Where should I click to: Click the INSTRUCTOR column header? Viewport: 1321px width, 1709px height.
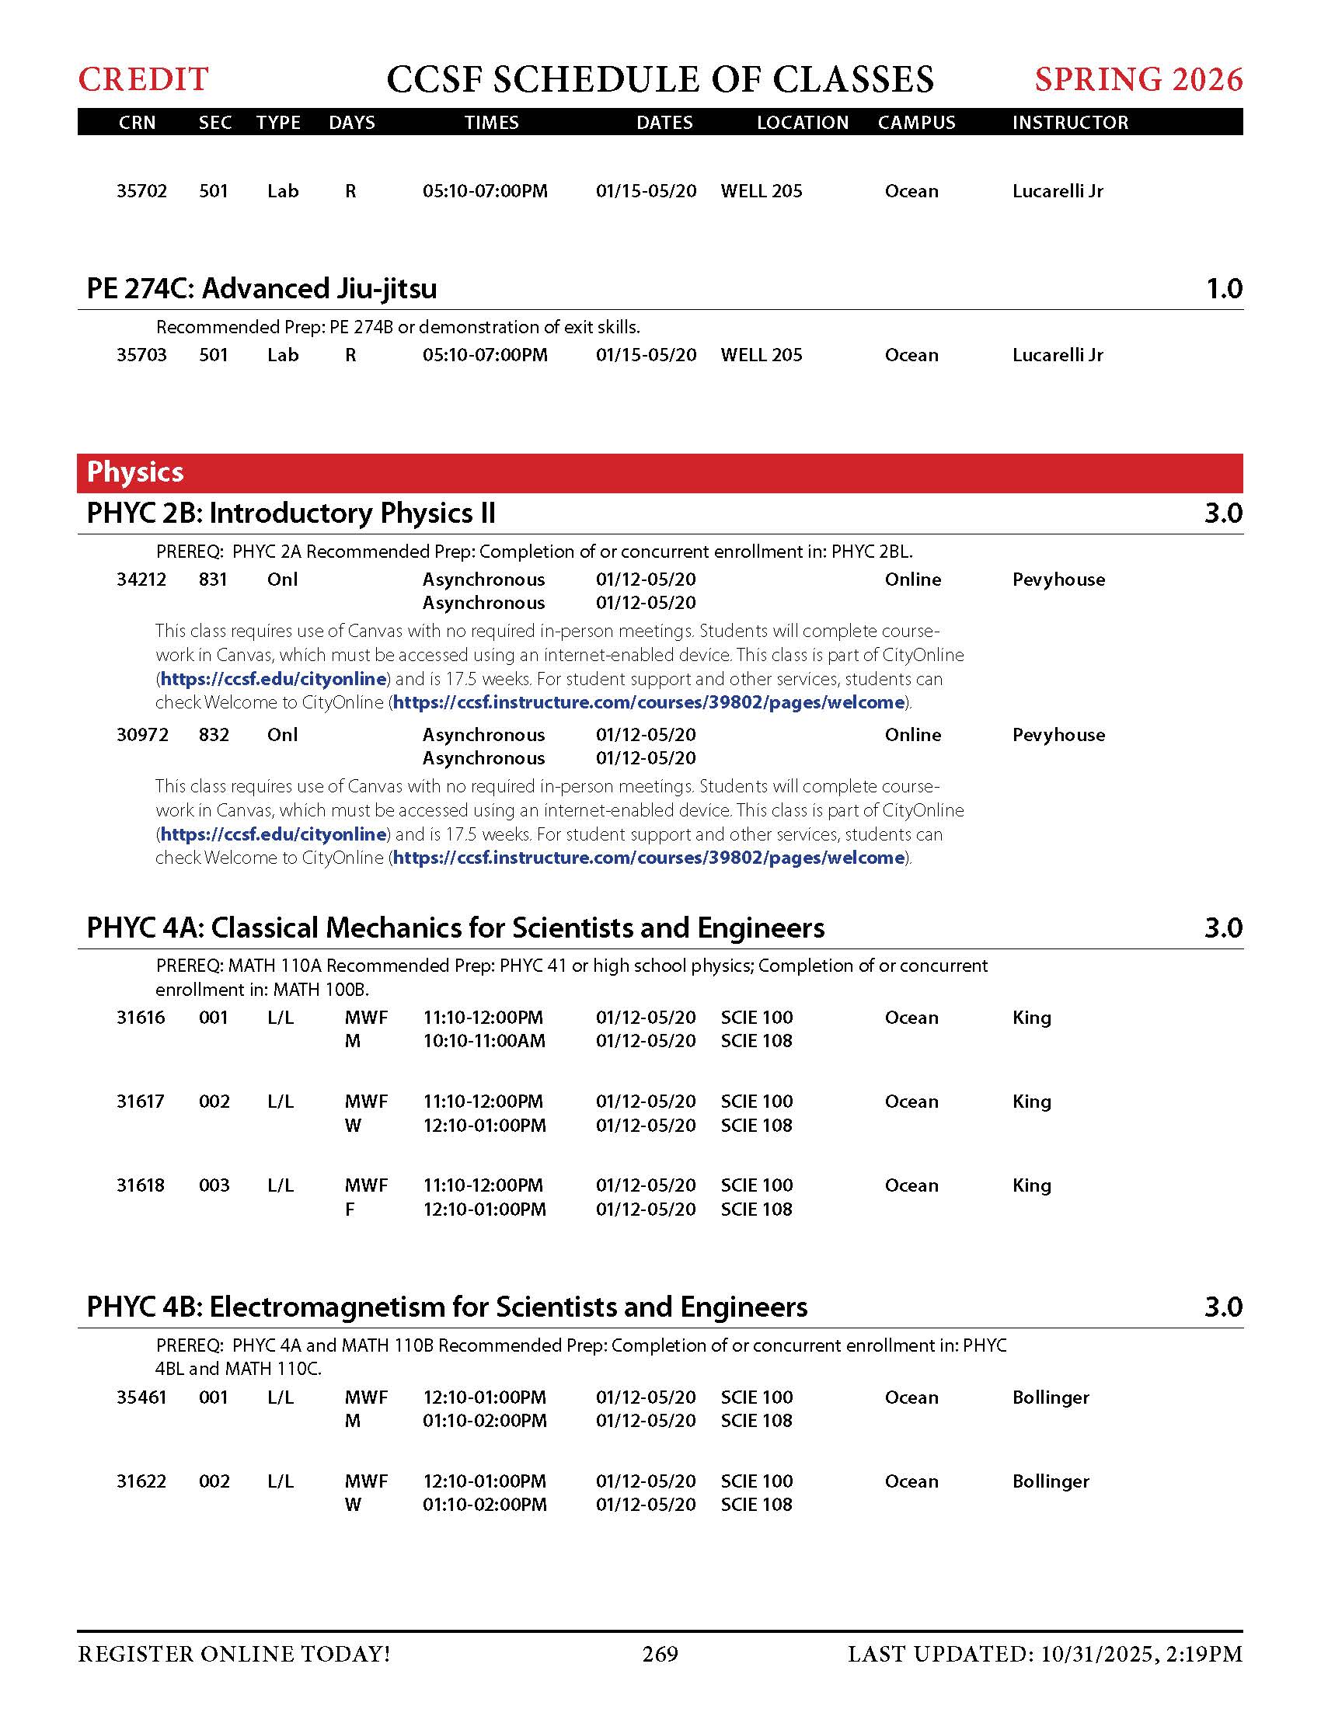1070,123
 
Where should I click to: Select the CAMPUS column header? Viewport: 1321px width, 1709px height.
916,123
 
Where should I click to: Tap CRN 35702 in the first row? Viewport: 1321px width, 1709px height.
141,191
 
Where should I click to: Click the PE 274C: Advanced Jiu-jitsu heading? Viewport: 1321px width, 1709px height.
261,289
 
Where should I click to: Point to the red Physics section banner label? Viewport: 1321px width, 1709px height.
135,472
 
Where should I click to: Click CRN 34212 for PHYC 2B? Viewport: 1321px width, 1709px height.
141,580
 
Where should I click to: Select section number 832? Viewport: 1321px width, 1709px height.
214,735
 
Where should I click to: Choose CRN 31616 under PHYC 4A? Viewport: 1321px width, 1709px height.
141,1018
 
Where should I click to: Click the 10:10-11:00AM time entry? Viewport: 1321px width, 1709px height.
483,1041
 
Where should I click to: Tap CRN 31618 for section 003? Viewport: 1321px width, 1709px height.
141,1185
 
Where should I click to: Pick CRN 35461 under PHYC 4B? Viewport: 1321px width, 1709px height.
141,1397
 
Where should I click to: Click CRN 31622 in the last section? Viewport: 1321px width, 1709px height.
141,1481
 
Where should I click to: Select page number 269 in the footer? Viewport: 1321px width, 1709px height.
660,1653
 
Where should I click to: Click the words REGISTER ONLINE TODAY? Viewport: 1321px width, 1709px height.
234,1653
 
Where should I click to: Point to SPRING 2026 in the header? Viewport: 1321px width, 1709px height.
1138,79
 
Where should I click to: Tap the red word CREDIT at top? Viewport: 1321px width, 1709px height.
143,79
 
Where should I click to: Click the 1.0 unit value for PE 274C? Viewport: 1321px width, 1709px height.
1224,289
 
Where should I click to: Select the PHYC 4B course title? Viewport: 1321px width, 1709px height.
447,1307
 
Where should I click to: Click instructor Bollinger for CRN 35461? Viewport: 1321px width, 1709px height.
1051,1397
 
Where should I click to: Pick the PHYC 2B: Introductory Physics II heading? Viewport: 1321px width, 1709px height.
291,513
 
